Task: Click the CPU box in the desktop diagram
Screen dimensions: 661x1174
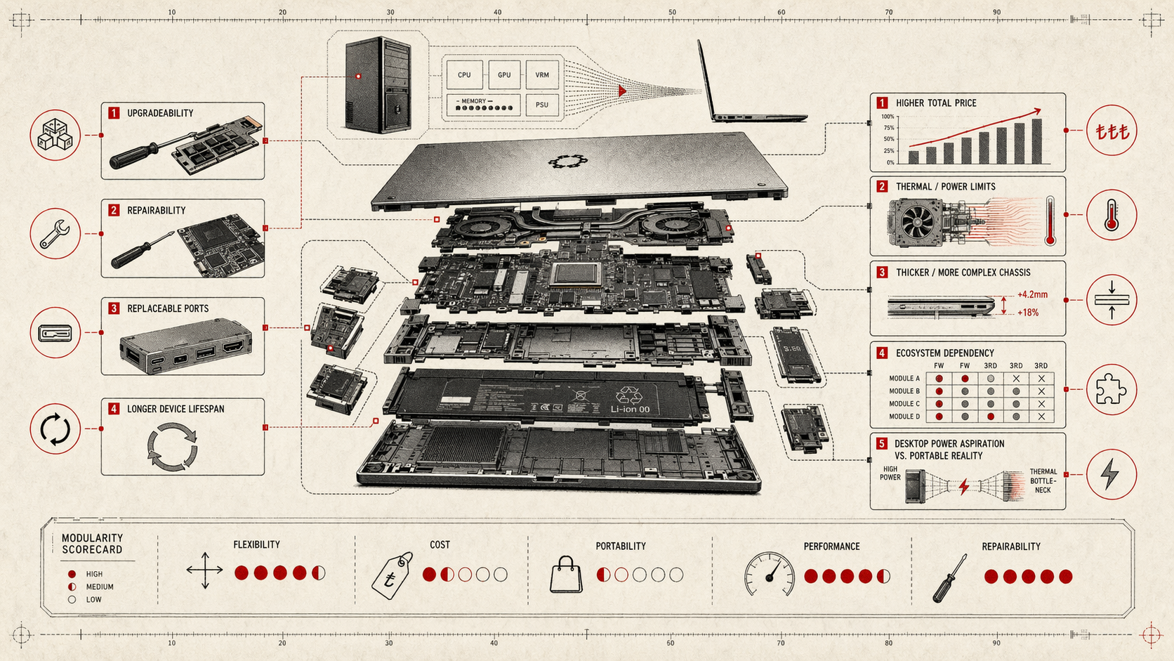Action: pos(464,74)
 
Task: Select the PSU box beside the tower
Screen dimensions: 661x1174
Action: pos(542,105)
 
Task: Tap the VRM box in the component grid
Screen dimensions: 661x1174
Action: pos(542,74)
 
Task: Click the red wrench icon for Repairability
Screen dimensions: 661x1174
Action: pos(55,234)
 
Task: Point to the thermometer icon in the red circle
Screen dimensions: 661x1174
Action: pos(1111,215)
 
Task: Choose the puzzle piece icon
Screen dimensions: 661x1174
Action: pos(1111,389)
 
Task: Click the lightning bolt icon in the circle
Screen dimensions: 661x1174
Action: pos(1111,474)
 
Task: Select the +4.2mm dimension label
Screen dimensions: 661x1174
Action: pos(1032,295)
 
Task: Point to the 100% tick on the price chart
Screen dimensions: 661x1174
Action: pos(888,117)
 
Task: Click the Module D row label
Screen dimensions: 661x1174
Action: pos(904,417)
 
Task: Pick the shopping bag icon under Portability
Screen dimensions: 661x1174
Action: pos(566,575)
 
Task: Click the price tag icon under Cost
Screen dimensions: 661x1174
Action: pos(392,576)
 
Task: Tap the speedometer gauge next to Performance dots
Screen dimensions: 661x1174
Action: pos(770,575)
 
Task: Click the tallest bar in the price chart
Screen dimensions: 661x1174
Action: pos(1036,141)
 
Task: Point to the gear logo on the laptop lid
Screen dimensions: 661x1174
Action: pos(566,162)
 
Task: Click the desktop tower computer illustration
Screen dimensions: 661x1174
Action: pos(378,86)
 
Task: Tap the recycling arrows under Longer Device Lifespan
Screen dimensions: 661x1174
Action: pos(172,446)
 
